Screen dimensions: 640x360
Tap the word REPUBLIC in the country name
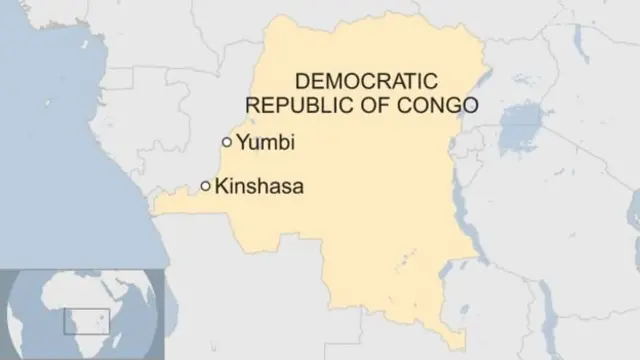coord(290,104)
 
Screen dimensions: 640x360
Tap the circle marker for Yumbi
coord(227,142)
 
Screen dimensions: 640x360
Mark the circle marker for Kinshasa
coord(206,186)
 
